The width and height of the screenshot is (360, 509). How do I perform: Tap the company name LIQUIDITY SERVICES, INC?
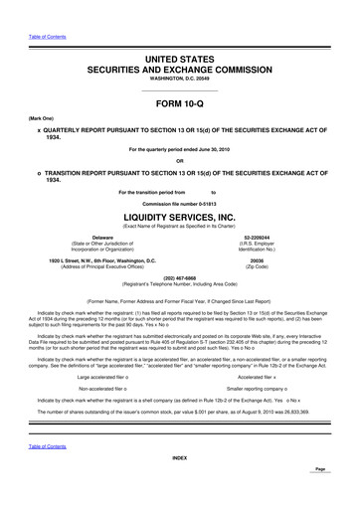(x=180, y=215)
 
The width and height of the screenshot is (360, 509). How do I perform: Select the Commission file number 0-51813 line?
(x=180, y=203)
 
